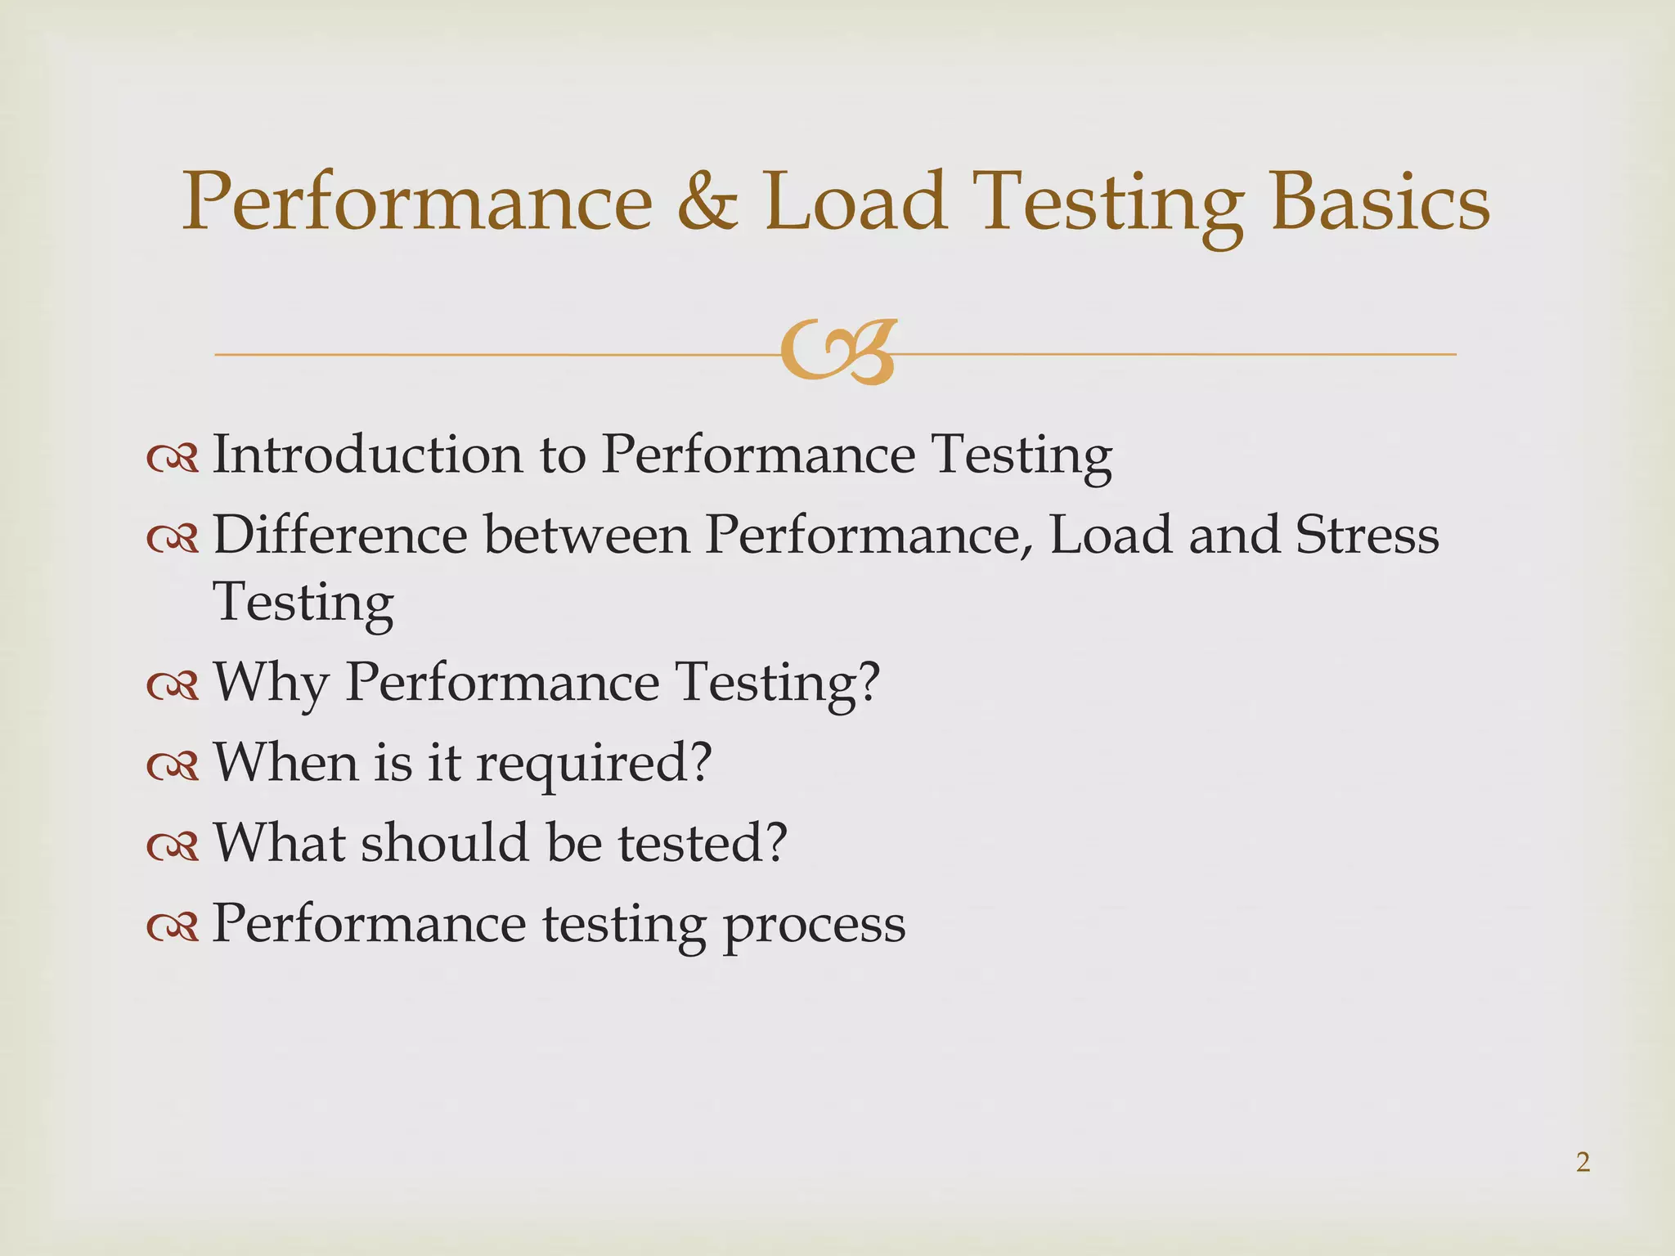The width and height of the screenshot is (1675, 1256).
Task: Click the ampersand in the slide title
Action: pyautogui.click(x=707, y=202)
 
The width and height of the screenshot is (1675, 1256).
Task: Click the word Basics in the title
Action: pyautogui.click(x=1380, y=202)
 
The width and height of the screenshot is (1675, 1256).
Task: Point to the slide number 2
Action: pyautogui.click(x=1583, y=1162)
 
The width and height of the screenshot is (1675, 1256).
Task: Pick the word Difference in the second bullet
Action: pyautogui.click(x=340, y=535)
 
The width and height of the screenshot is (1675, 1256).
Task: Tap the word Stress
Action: pyautogui.click(x=1367, y=535)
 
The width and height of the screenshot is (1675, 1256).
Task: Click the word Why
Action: pyautogui.click(x=271, y=683)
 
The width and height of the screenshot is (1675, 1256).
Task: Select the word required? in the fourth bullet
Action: pyautogui.click(x=594, y=762)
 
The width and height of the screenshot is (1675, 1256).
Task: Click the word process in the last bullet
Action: pyautogui.click(x=814, y=925)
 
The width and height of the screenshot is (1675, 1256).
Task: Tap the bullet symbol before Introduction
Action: pyautogui.click(x=173, y=460)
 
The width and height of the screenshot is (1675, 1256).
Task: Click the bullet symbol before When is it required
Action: pyautogui.click(x=173, y=767)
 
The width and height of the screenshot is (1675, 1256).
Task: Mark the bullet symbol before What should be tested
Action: pyautogui.click(x=173, y=847)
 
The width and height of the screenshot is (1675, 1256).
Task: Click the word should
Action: pyautogui.click(x=446, y=842)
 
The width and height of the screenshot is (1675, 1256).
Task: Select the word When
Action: pyautogui.click(x=286, y=762)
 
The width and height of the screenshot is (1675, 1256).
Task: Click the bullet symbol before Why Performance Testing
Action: pyautogui.click(x=173, y=687)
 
